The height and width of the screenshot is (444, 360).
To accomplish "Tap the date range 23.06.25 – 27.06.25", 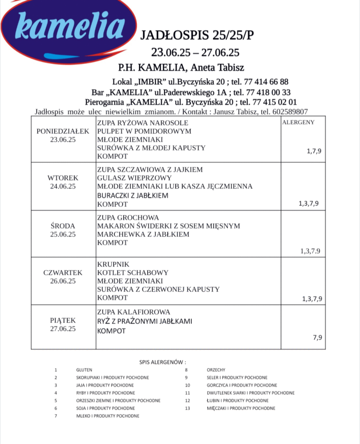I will point(195,52).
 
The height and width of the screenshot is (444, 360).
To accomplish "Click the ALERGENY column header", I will point(298,122).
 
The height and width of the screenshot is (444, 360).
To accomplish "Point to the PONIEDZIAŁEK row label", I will point(63,131).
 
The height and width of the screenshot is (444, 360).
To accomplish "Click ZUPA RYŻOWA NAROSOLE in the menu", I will point(142,123).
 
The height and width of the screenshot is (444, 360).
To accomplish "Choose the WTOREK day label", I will point(63,178).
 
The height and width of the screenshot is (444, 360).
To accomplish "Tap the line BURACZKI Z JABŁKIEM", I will point(133,196).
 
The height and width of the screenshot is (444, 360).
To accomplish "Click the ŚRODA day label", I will point(63,226).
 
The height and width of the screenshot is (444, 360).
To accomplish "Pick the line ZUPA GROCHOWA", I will point(128,218).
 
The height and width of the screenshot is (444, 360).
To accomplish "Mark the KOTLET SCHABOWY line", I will point(133,273).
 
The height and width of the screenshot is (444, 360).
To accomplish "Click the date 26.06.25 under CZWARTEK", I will point(63,281).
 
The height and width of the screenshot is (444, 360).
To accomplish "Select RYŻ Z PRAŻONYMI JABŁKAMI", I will point(144,321).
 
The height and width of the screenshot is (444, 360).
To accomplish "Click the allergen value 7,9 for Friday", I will point(317,338).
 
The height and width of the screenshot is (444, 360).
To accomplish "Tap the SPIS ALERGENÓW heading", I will point(163,362).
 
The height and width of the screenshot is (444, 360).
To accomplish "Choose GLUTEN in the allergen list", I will point(84,369).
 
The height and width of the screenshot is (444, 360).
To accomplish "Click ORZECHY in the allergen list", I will point(215,369).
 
